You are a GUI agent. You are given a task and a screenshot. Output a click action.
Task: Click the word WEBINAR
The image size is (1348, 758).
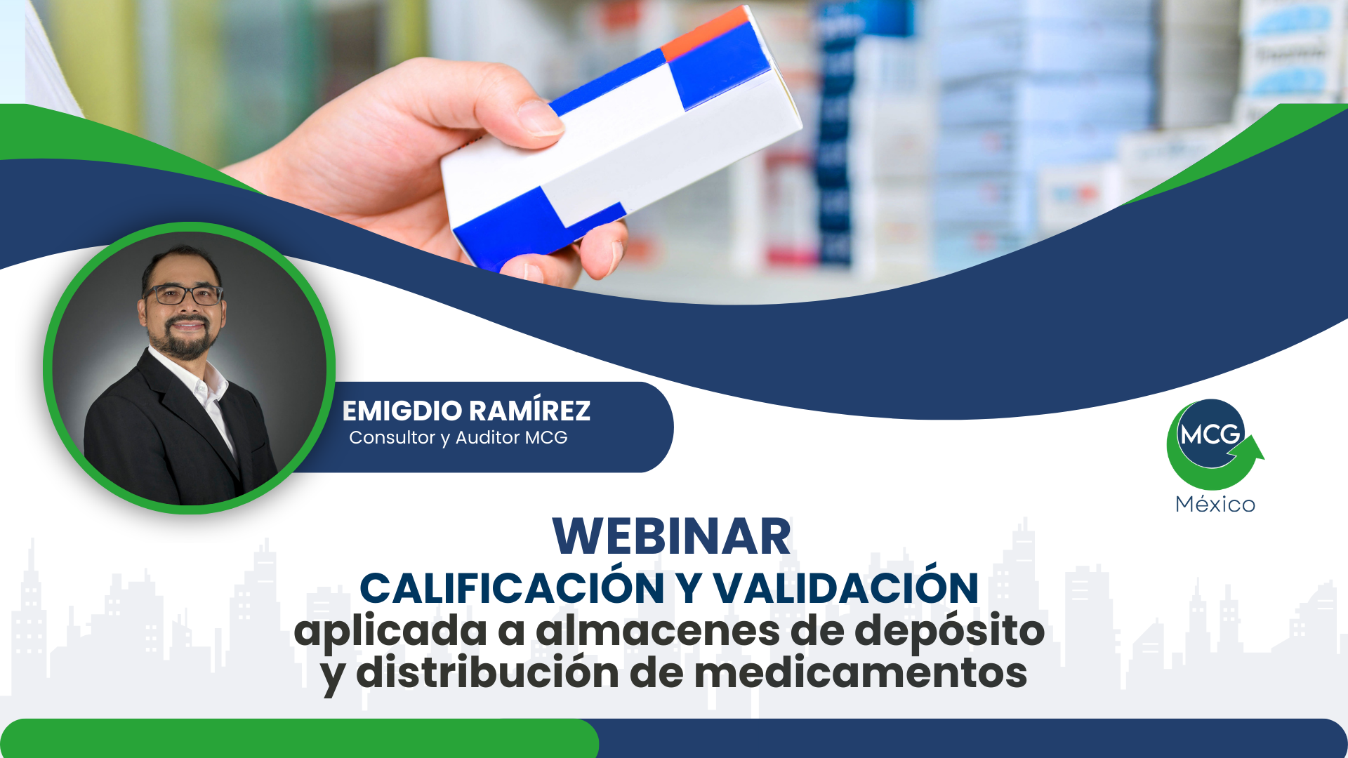[672, 537]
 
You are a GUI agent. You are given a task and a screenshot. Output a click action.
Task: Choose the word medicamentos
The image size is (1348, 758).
[861, 672]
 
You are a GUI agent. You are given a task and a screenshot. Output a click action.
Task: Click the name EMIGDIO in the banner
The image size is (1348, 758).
[402, 411]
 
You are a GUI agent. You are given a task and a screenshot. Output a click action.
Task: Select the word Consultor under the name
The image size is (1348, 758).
[392, 437]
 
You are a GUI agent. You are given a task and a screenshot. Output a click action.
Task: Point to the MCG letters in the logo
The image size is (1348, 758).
[1210, 435]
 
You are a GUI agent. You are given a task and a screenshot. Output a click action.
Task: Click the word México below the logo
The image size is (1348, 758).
[1215, 503]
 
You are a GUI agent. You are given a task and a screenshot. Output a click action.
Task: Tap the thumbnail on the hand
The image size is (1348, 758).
[540, 118]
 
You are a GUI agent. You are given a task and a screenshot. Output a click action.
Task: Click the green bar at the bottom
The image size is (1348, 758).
[299, 738]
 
